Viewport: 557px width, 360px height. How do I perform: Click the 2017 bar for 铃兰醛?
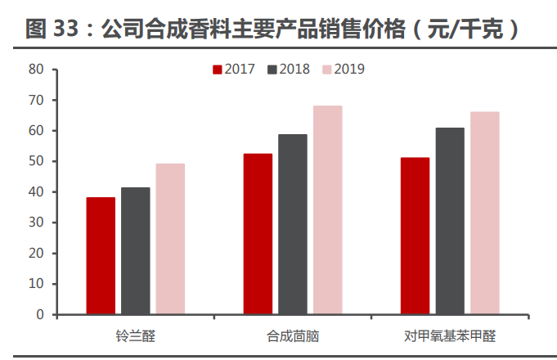[101, 256]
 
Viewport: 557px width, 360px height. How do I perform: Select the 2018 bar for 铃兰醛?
[136, 251]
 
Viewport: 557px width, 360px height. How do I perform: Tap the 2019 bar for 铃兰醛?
[170, 239]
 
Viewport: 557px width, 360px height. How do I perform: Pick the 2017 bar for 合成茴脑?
[258, 234]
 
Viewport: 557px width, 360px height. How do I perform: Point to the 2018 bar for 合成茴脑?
[292, 224]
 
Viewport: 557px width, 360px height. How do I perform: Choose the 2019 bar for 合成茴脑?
[327, 210]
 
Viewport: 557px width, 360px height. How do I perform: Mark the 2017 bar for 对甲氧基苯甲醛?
[415, 236]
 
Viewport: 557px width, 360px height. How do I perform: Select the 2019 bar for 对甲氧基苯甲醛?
[484, 213]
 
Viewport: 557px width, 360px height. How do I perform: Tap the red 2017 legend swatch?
[218, 70]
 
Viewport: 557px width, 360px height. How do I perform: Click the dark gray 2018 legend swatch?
[272, 70]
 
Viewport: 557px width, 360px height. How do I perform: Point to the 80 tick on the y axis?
[36, 70]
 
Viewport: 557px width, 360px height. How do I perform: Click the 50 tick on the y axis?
[36, 161]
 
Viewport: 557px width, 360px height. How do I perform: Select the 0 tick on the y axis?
[39, 314]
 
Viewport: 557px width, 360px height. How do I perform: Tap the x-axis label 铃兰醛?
[135, 336]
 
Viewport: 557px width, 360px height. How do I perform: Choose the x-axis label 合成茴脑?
[292, 336]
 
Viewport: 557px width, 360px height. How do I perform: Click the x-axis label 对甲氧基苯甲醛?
[450, 336]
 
